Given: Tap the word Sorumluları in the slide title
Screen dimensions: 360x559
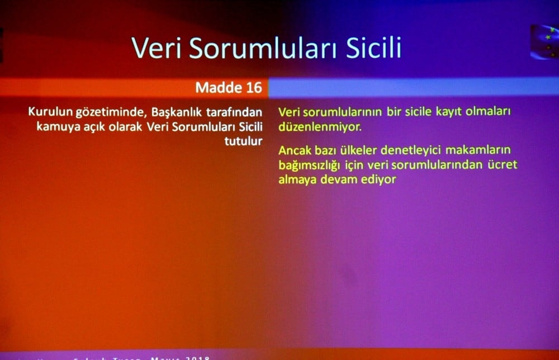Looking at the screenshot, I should (258, 48).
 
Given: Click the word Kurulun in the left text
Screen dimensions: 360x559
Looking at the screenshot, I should (49, 112).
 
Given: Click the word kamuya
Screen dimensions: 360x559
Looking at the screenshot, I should (56, 126).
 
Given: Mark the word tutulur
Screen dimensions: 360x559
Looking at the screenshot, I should (243, 141).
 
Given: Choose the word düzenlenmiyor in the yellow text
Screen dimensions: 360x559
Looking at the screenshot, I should (320, 126).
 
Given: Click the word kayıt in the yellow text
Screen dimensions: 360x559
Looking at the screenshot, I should (428, 111).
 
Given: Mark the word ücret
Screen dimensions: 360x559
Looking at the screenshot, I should (502, 165).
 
